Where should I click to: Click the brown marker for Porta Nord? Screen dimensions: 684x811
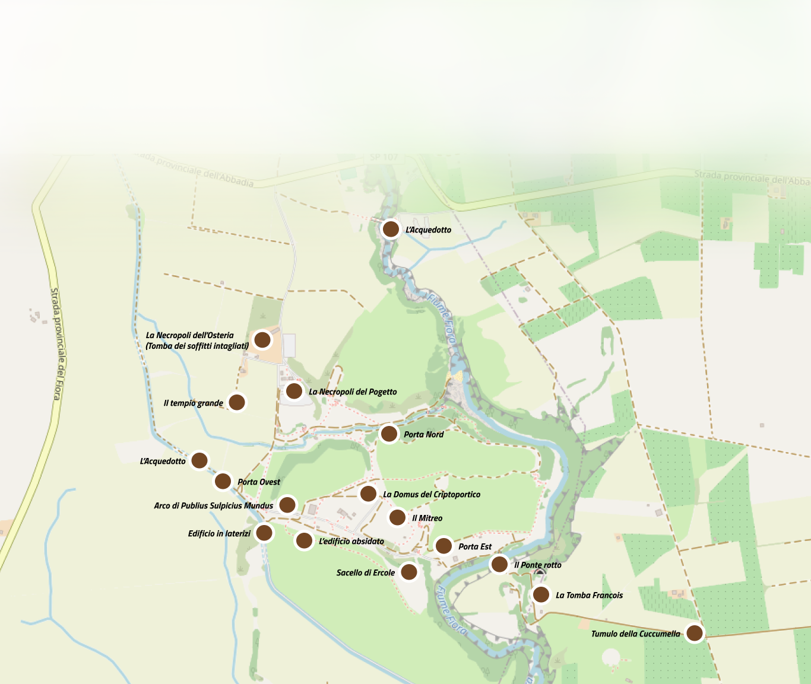[x=389, y=434]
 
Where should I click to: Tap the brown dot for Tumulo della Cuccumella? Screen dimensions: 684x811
[x=695, y=633]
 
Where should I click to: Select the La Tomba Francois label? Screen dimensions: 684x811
[x=589, y=595]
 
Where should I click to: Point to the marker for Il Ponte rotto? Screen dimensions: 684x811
[x=499, y=564]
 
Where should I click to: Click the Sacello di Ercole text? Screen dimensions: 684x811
[x=365, y=572]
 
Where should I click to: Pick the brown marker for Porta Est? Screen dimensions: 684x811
[x=443, y=545]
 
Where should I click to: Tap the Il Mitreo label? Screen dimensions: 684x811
[x=427, y=518]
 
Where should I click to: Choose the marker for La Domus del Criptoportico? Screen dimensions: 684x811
[x=368, y=493]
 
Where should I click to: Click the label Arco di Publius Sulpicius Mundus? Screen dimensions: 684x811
[x=213, y=505]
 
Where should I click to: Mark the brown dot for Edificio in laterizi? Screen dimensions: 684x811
[x=264, y=532]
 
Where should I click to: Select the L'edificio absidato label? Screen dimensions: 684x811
[x=351, y=541]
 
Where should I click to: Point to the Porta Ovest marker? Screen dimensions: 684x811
[x=223, y=481]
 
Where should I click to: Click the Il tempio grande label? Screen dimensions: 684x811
[x=193, y=403]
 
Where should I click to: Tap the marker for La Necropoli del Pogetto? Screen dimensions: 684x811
[x=294, y=391]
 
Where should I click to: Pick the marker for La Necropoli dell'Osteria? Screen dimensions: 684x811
[x=262, y=339]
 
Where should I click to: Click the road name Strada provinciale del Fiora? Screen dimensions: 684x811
[x=56, y=344]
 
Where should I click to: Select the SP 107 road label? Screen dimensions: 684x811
[x=384, y=157]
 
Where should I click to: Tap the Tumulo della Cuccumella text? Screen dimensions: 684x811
[x=635, y=634]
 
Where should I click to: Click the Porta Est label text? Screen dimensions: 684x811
[x=475, y=546]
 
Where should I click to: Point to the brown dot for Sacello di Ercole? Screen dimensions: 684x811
[x=408, y=571]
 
